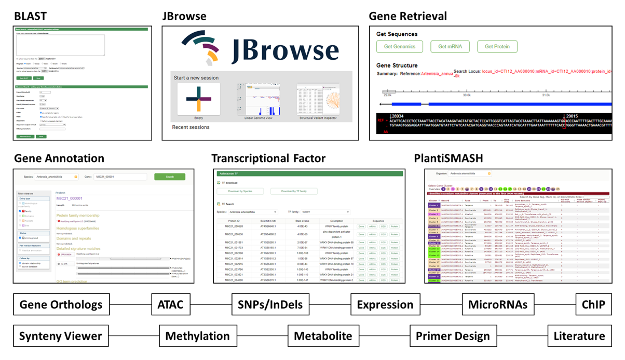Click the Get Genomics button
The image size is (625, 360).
point(400,47)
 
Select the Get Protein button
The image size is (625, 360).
point(497,47)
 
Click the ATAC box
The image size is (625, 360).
point(171,304)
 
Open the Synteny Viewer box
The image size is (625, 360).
point(61,336)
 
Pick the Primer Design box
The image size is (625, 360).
point(453,336)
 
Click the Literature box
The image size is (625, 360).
point(579,336)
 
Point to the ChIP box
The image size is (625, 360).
point(593,304)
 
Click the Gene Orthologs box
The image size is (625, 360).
point(61,304)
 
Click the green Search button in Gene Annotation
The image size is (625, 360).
point(169,177)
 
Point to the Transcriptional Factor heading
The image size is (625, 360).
point(268,158)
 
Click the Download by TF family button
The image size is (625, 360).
point(294,191)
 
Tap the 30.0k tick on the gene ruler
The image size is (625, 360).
point(466,95)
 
